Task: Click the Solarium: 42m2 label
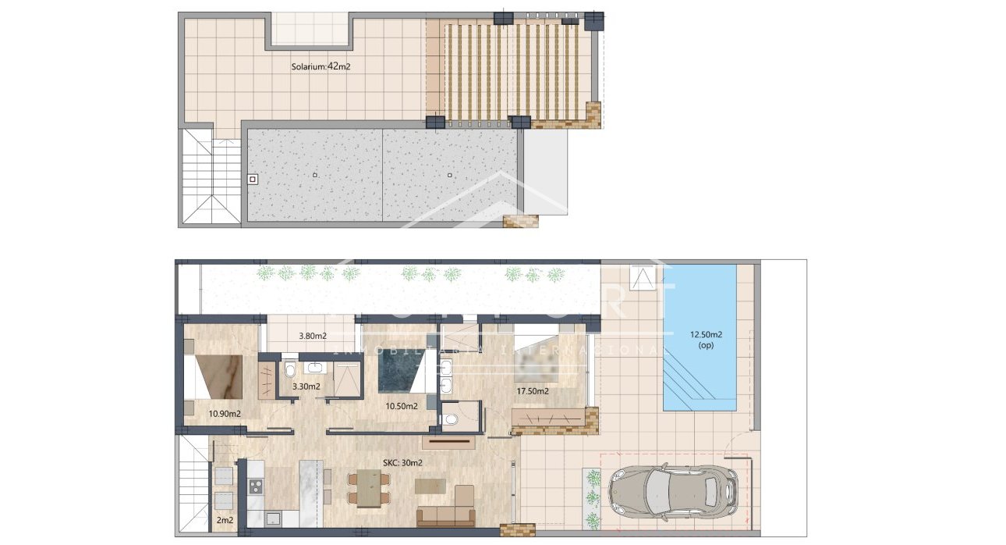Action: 321,67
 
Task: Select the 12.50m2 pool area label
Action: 706,340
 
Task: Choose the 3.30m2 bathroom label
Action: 306,386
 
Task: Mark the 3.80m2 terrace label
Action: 312,337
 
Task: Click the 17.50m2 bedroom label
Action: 533,391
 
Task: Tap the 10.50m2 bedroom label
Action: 402,406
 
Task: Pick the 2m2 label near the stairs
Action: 225,519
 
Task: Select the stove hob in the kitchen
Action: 256,486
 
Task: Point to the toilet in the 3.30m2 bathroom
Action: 289,371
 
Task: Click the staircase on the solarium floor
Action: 211,178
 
